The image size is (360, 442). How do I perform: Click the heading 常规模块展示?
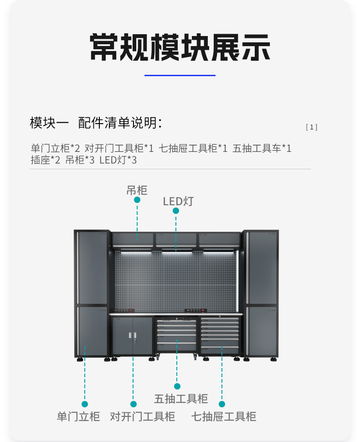coord(180,47)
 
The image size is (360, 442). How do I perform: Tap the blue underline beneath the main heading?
coord(180,75)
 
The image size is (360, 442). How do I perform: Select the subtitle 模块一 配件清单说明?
coord(96,123)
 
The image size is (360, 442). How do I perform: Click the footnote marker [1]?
coord(311,127)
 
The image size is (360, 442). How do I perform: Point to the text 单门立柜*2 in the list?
coord(55,149)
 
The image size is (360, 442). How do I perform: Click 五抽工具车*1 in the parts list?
coord(262,149)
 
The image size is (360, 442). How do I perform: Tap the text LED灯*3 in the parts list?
coord(118,161)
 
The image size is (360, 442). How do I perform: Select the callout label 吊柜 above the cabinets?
coord(137,190)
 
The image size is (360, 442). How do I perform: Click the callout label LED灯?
coord(178,201)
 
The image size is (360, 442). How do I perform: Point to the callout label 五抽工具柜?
coord(181,399)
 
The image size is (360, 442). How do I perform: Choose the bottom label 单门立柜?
coord(78,416)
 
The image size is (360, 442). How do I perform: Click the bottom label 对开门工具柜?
coord(142,416)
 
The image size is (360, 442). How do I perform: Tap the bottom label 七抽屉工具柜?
coord(223,416)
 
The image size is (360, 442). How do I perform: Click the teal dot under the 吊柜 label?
coord(137,200)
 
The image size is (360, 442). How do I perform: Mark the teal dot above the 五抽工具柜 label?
coord(177,386)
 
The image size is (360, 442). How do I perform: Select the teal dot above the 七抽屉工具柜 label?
coord(222,404)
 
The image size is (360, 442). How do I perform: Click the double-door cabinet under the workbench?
coord(132,335)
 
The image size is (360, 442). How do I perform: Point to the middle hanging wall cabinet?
coord(176,239)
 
